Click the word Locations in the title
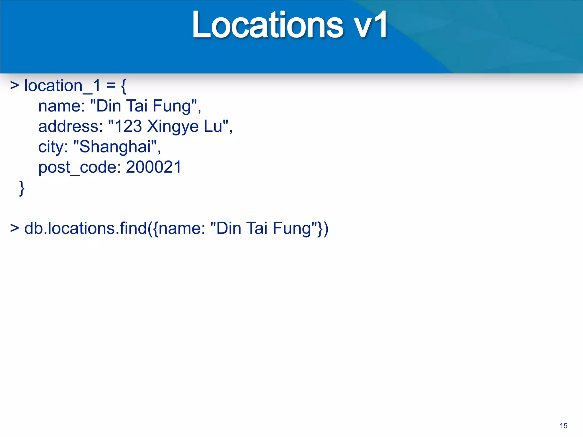[268, 25]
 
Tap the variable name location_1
[62, 86]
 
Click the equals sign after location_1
[111, 86]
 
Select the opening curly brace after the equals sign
[124, 86]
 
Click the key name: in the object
[61, 106]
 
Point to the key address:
[70, 126]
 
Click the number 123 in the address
[128, 126]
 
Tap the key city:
[53, 147]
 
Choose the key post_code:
[80, 167]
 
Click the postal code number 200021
[153, 167]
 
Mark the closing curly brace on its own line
[22, 188]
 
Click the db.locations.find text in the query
[85, 228]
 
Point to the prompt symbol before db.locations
[15, 228]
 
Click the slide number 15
[563, 426]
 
